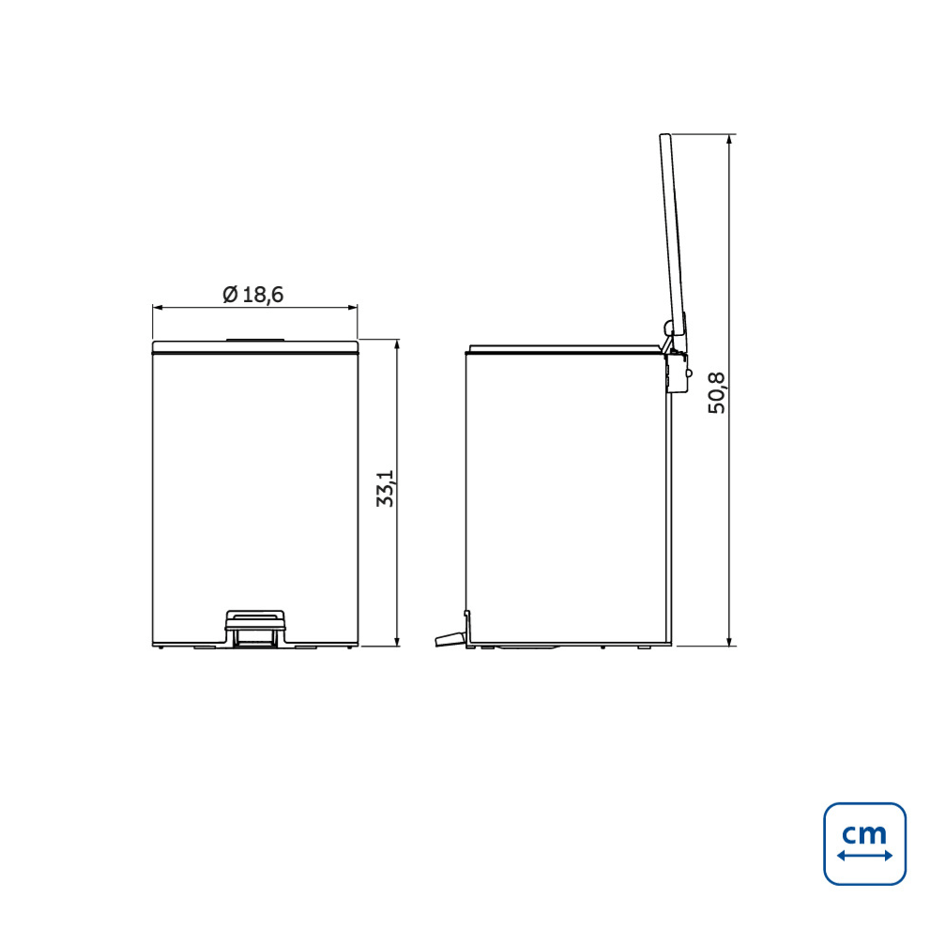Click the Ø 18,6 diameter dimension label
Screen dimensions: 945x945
tap(253, 295)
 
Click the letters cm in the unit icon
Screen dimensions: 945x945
tap(864, 832)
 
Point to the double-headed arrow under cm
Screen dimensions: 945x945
tap(864, 856)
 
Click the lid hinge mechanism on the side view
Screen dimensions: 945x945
tap(675, 361)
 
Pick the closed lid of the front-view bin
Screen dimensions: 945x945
tap(254, 347)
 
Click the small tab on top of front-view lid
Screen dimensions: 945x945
tap(254, 337)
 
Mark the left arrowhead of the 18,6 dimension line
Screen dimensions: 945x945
tap(157, 308)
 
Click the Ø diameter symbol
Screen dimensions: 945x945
tap(230, 295)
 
